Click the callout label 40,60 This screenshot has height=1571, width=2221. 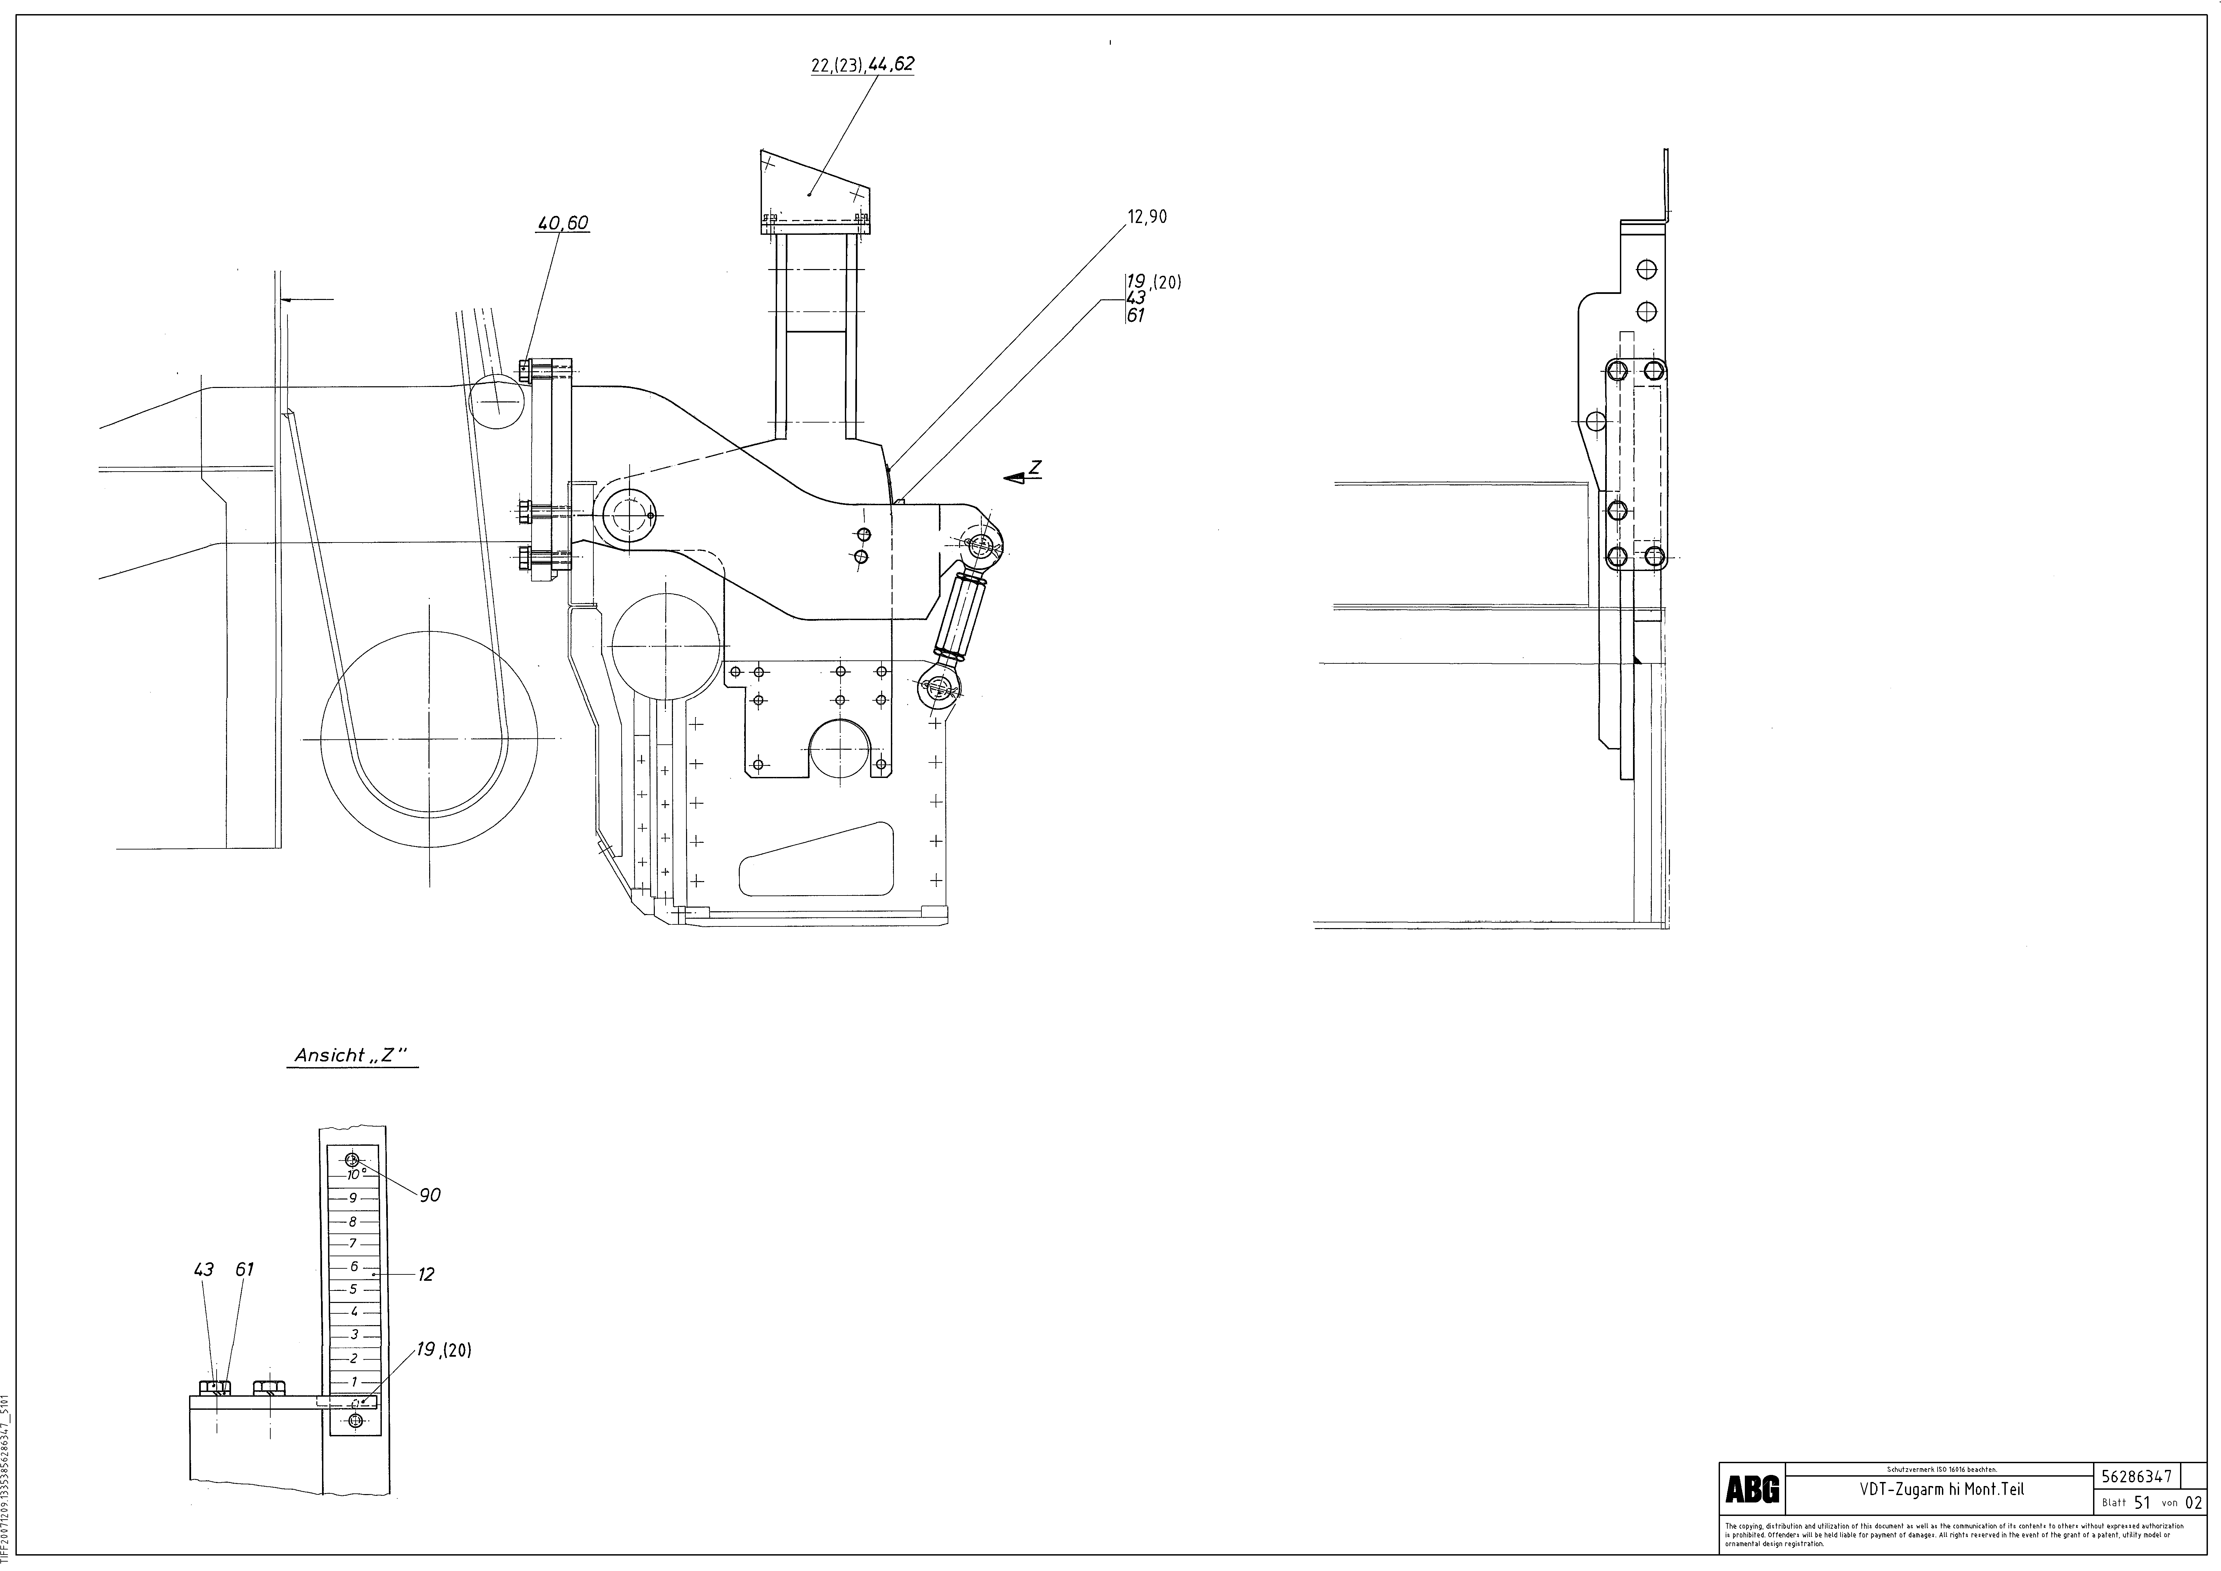[x=563, y=223]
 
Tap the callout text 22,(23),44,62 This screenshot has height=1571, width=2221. [x=862, y=65]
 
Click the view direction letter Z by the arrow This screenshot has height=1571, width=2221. [x=1035, y=467]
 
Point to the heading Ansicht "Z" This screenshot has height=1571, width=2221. [x=354, y=1055]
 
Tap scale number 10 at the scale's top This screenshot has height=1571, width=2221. [x=354, y=1174]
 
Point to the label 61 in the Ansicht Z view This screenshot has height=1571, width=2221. [x=245, y=1269]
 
